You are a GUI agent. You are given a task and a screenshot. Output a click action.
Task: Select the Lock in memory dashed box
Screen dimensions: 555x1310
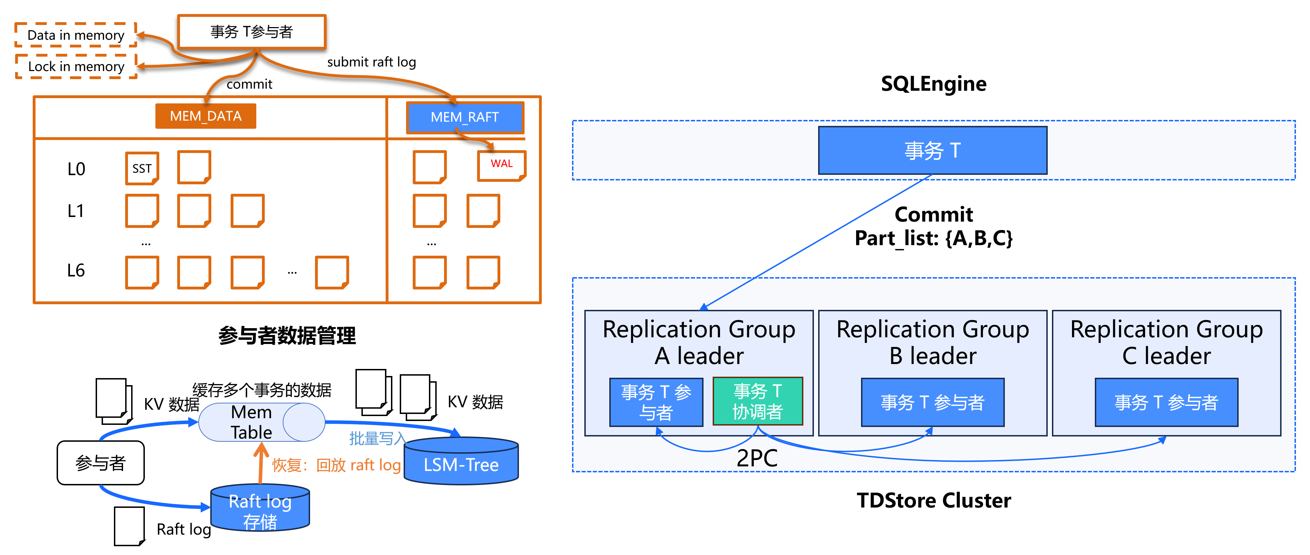click(x=76, y=66)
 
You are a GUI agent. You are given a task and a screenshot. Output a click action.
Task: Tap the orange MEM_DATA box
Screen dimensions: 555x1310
click(x=205, y=116)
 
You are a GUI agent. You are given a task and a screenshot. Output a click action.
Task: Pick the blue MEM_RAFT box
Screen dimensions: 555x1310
click(x=465, y=117)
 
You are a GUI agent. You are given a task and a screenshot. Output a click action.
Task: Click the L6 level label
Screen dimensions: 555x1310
click(x=76, y=270)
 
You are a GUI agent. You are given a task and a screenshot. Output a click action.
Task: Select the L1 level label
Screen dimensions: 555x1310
click(x=76, y=211)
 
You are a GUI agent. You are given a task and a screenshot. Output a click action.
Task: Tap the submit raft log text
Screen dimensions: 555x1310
click(x=371, y=62)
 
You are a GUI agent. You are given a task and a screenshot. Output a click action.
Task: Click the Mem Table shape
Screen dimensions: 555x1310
click(x=261, y=422)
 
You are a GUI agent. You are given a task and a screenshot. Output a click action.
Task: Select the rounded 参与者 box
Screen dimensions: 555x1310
click(x=101, y=463)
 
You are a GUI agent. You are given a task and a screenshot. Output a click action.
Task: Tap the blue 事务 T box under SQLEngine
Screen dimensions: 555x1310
click(x=932, y=151)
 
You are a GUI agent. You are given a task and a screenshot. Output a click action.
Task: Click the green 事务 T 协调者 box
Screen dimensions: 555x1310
click(x=758, y=401)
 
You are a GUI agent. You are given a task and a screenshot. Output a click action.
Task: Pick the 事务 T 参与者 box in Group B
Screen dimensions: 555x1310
click(x=932, y=402)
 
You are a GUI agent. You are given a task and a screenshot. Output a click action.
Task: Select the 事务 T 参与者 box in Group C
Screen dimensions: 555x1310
click(x=1166, y=402)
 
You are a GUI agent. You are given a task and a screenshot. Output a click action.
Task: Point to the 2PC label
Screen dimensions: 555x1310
click(x=757, y=458)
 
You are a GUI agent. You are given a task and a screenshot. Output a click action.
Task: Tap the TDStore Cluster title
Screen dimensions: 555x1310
click(x=934, y=500)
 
